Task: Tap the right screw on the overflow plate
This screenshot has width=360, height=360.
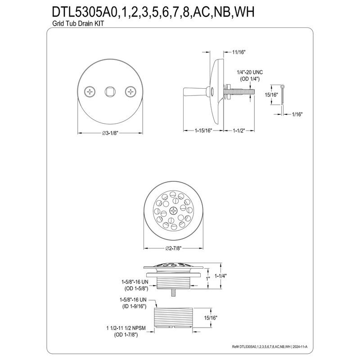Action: pos(130,92)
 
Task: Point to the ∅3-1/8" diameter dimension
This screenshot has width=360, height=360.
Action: pos(110,133)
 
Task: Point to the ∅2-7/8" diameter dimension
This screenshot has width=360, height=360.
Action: pos(173,248)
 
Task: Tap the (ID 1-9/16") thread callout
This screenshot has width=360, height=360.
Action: pos(133,305)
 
